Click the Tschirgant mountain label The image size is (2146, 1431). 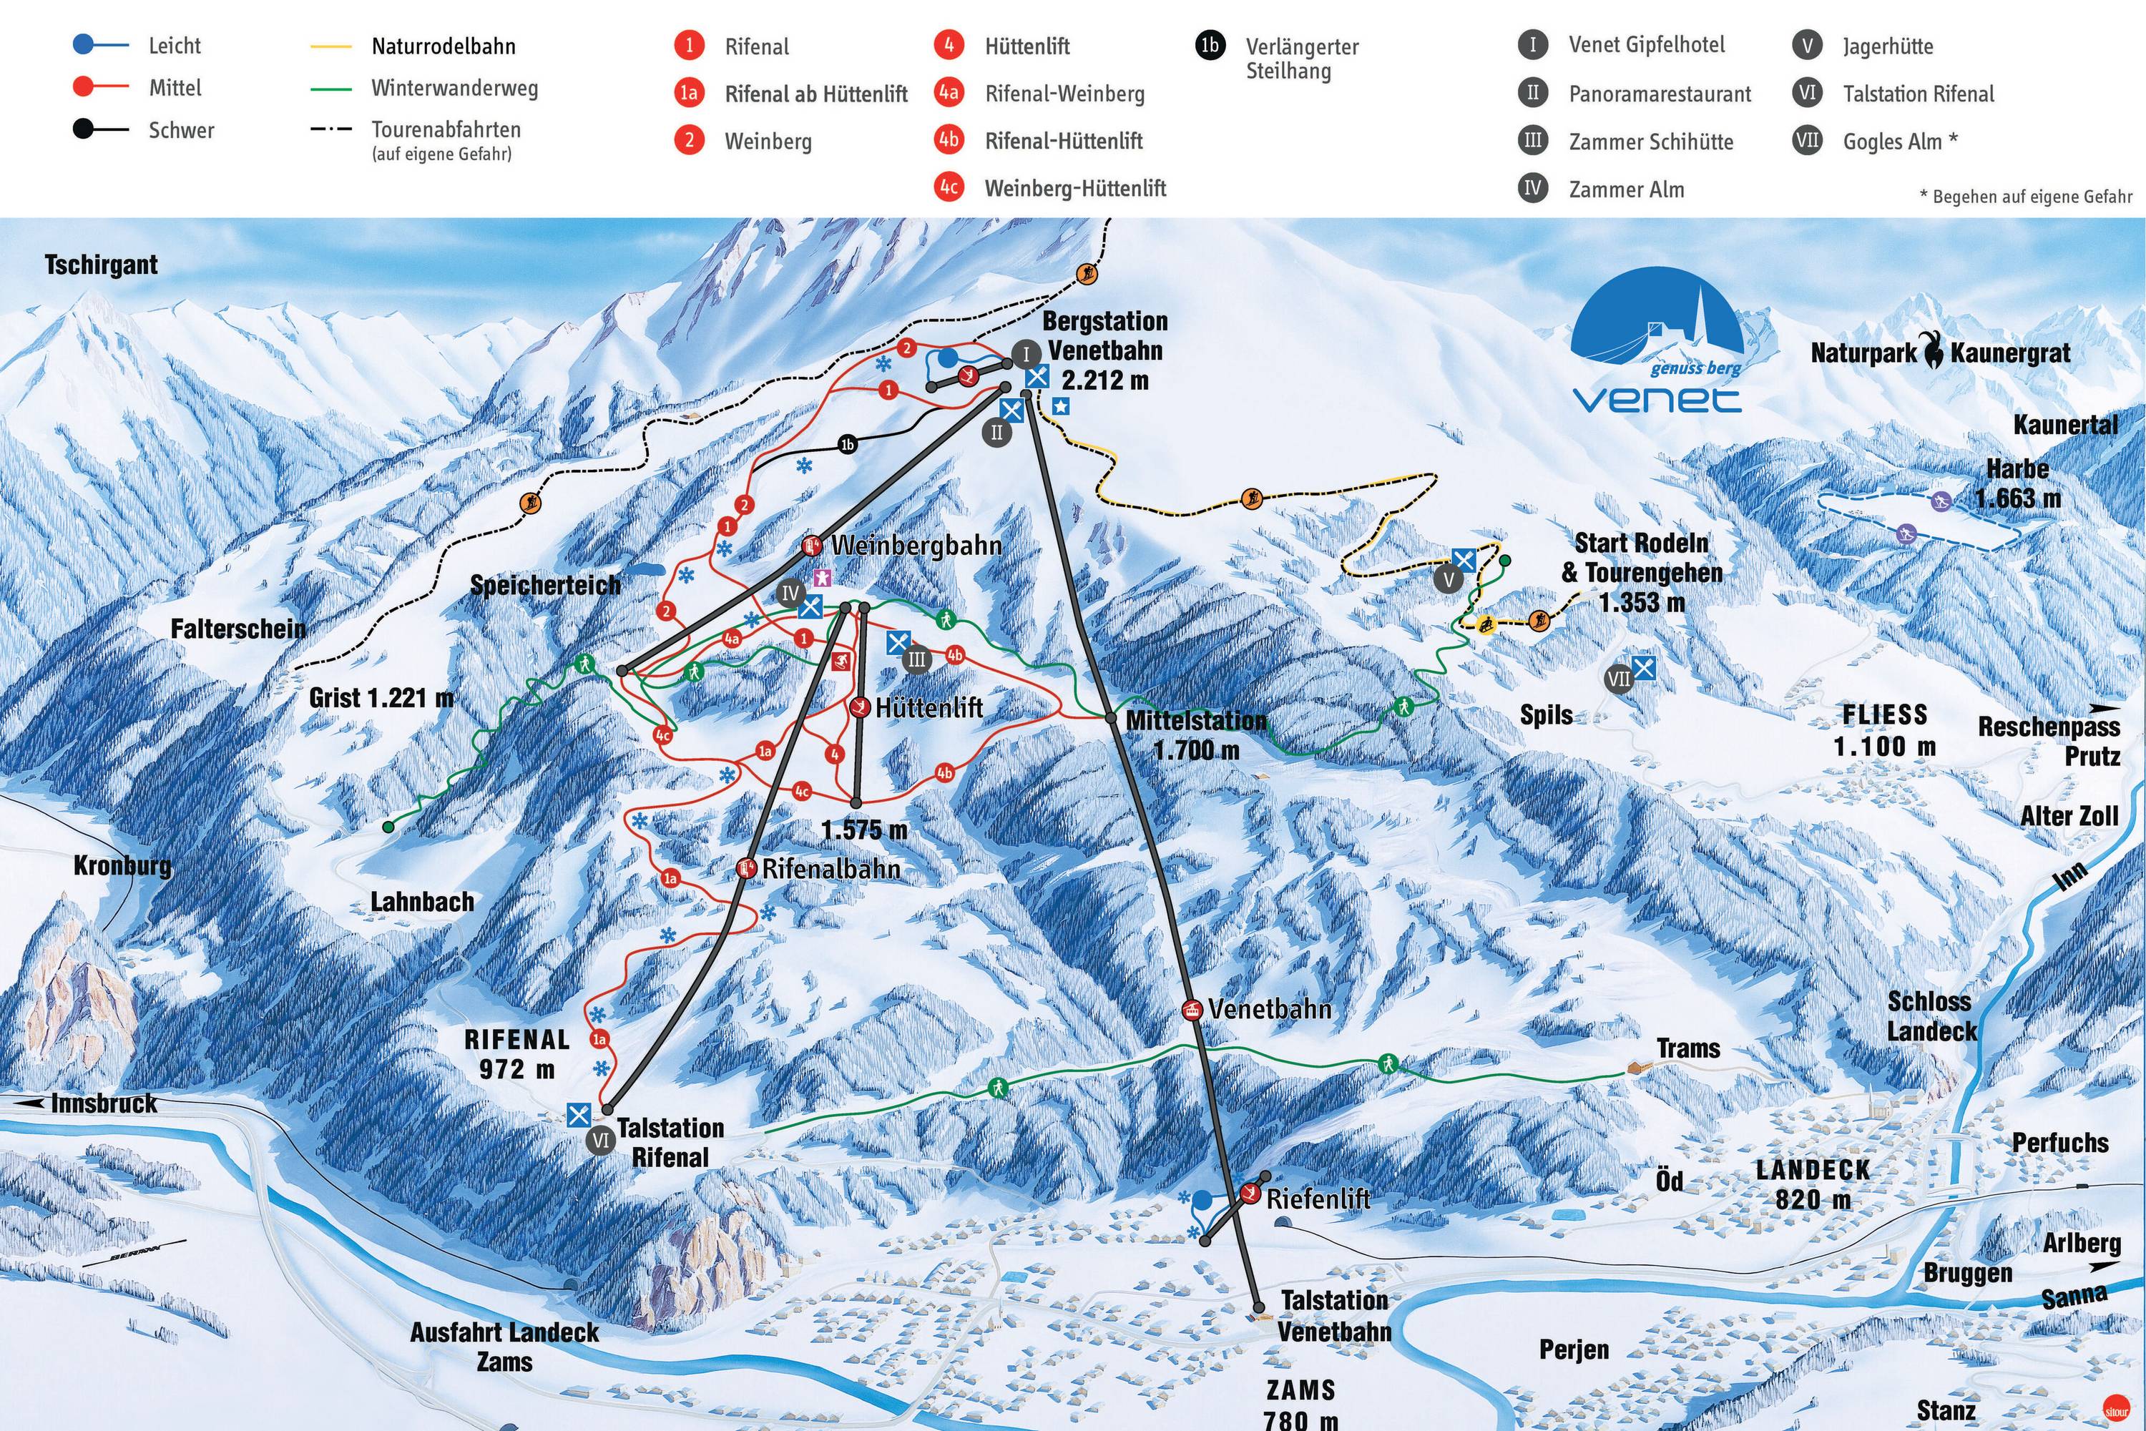[102, 265]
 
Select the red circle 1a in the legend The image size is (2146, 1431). [689, 93]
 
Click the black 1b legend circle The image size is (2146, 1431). [1210, 46]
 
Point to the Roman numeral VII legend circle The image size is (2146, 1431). [1806, 141]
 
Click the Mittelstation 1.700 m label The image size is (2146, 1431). [1196, 734]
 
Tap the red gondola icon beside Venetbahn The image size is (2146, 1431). [1191, 1009]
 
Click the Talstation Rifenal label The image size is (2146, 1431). [670, 1141]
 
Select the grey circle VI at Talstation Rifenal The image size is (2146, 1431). [601, 1140]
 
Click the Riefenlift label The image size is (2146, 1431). [1317, 1199]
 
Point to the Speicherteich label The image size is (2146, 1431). [545, 585]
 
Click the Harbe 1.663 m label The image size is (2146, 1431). [2017, 483]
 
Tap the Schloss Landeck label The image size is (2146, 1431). [1931, 1016]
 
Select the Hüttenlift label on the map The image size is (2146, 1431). [929, 707]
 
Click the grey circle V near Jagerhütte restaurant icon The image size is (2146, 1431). [1448, 579]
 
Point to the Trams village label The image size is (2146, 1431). [1687, 1048]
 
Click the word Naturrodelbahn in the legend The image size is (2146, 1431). [444, 46]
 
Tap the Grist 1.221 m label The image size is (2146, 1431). [381, 698]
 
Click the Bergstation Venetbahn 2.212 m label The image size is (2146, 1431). [1104, 350]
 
